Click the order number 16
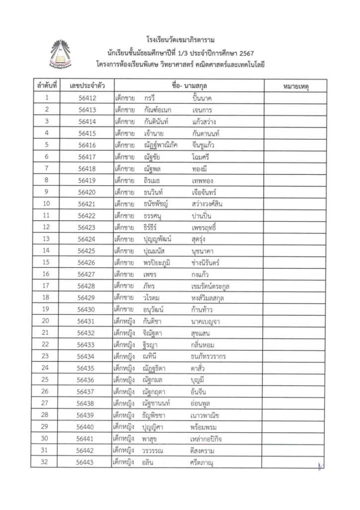click(46, 274)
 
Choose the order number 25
click(46, 380)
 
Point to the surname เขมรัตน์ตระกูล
click(210, 286)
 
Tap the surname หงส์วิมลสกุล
click(210, 298)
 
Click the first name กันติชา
click(154, 321)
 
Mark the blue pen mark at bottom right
click(319, 466)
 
